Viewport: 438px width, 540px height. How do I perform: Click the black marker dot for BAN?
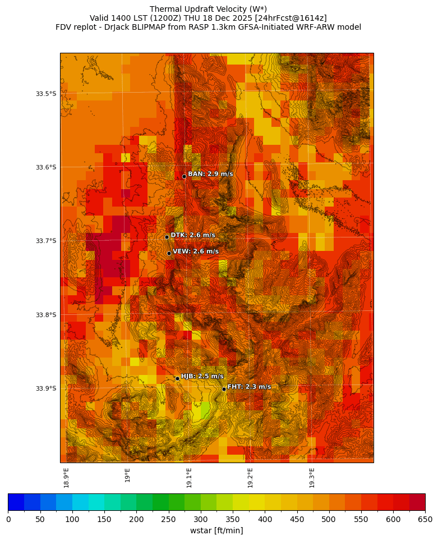pyautogui.click(x=184, y=176)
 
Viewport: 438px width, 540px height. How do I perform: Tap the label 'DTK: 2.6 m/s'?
pyautogui.click(x=193, y=235)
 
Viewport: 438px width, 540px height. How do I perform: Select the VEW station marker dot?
pyautogui.click(x=169, y=253)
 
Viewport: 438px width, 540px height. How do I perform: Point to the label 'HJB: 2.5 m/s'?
pyautogui.click(x=202, y=376)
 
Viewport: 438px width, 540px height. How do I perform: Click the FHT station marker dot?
pyautogui.click(x=224, y=389)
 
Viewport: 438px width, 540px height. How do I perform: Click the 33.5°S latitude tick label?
pyautogui.click(x=45, y=94)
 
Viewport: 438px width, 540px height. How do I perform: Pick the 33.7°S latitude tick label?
pyautogui.click(x=45, y=241)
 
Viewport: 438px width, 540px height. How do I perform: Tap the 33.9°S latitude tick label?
pyautogui.click(x=45, y=388)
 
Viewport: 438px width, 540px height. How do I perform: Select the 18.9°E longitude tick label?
pyautogui.click(x=66, y=477)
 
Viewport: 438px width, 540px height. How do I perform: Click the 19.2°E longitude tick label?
pyautogui.click(x=250, y=477)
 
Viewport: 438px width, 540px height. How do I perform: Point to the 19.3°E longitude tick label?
pyautogui.click(x=312, y=477)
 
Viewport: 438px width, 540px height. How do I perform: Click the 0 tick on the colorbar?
pyautogui.click(x=8, y=519)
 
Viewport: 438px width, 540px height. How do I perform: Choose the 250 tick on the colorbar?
pyautogui.click(x=168, y=519)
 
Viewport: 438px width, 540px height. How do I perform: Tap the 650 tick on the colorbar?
pyautogui.click(x=425, y=519)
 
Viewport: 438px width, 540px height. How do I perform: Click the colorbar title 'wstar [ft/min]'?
pyautogui.click(x=216, y=530)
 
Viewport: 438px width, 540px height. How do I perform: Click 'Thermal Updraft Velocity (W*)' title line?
pyautogui.click(x=208, y=9)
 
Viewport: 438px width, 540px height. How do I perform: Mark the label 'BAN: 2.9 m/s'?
pyautogui.click(x=210, y=174)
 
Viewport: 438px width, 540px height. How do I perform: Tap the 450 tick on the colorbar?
pyautogui.click(x=297, y=519)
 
